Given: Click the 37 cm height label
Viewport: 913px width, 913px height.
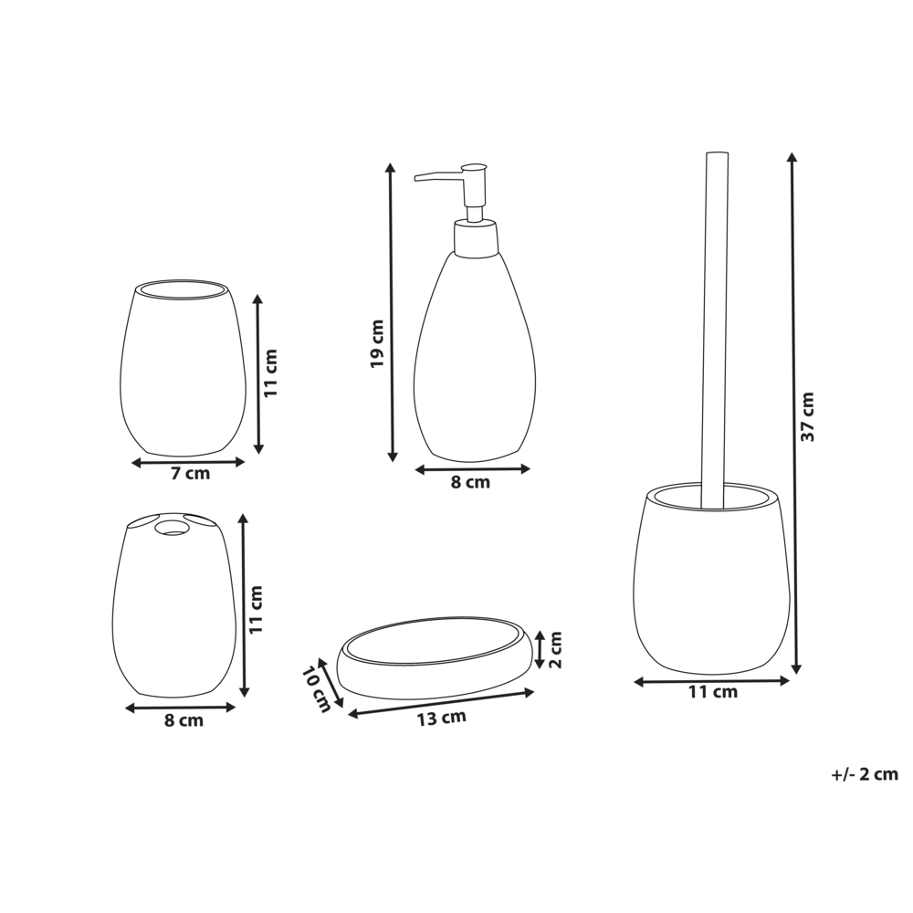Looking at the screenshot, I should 807,416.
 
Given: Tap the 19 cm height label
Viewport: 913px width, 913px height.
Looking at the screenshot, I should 377,343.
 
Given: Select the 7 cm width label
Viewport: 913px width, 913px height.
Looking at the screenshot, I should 190,474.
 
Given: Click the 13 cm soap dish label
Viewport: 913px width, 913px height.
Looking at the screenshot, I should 441,718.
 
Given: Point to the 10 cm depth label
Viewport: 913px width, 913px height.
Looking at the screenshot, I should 316,687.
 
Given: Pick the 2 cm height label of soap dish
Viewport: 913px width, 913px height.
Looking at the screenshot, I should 556,648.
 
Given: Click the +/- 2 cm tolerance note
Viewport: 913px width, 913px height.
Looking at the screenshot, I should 865,774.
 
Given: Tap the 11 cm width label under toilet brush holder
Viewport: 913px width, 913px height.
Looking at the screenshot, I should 713,692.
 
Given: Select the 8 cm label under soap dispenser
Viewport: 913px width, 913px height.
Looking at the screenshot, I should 471,482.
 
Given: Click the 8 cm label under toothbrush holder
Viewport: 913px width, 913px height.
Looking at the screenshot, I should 184,720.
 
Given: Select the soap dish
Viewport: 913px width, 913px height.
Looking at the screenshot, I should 436,658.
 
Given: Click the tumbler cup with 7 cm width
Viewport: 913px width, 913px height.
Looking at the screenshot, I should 184,370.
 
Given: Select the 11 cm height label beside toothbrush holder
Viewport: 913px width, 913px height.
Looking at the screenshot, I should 257,610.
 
